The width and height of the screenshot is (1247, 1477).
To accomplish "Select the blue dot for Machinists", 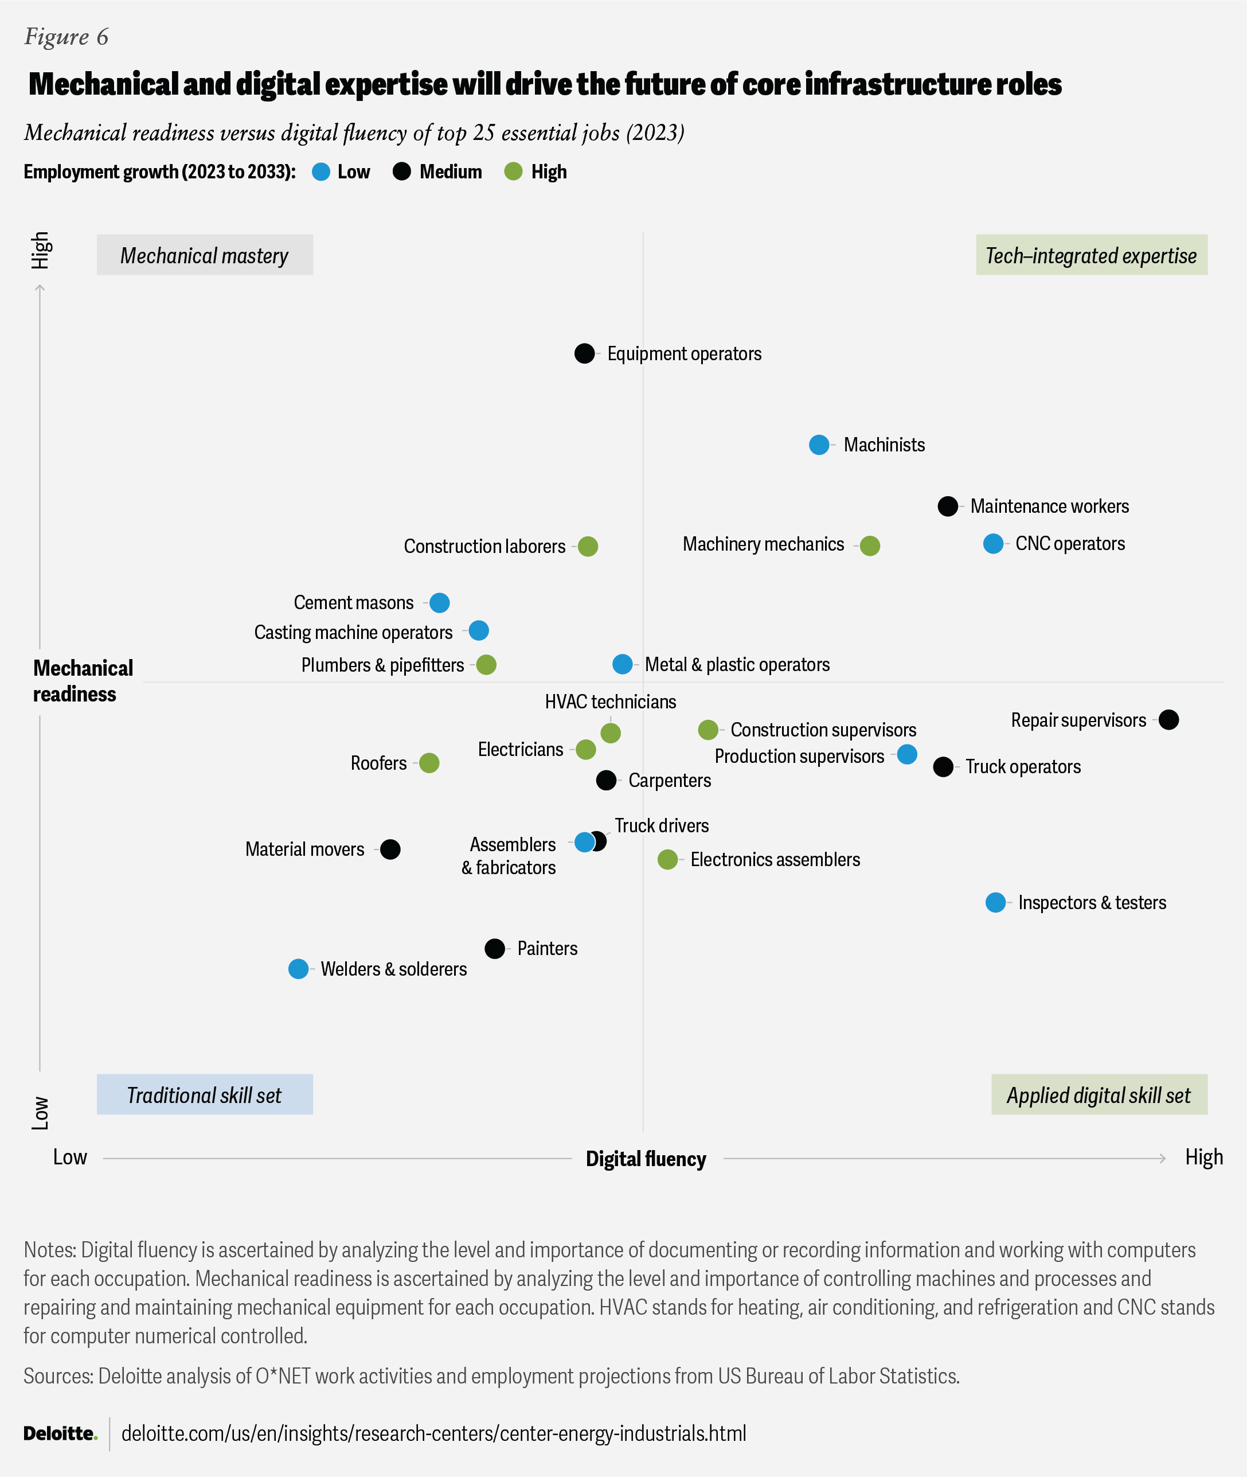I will [x=819, y=445].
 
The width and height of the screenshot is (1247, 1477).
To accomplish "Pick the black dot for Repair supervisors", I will [x=1168, y=720].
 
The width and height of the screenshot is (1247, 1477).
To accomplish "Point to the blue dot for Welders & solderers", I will [x=298, y=969].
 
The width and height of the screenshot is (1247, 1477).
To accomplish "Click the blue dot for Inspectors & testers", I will [x=995, y=902].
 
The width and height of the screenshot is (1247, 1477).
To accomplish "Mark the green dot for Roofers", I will [x=429, y=763].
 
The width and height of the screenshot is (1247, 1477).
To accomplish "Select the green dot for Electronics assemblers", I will [x=667, y=860].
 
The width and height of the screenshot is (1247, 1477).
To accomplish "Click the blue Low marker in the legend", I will [x=321, y=172].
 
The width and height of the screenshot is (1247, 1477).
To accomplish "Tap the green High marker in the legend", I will [x=513, y=172].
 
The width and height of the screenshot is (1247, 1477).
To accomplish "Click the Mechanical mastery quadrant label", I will [x=204, y=255].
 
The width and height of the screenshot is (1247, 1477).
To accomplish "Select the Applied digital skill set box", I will [x=1099, y=1094].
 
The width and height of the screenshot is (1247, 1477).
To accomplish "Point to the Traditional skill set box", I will [x=204, y=1094].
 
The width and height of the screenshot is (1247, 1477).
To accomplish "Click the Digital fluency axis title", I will [x=646, y=1159].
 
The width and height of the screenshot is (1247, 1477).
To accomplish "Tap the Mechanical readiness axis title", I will [x=83, y=681].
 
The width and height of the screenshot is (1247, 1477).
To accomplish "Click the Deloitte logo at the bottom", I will [x=60, y=1433].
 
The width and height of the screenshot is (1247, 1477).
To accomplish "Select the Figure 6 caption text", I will [x=67, y=37].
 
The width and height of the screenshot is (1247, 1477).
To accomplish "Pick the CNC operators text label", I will [x=1070, y=544].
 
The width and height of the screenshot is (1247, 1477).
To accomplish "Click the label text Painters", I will [x=547, y=948].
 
